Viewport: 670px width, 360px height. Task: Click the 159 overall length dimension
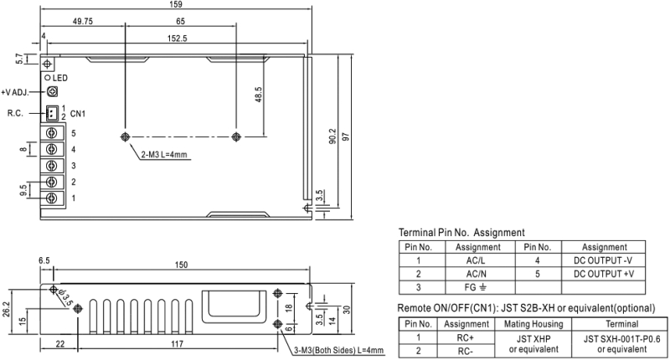(x=176, y=4)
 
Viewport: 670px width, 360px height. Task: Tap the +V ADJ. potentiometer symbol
(x=52, y=91)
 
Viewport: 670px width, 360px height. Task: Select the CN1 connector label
(x=78, y=114)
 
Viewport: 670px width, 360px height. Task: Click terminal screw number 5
(x=52, y=133)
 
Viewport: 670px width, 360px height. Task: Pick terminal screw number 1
(x=52, y=198)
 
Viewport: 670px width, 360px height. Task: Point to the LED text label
(x=60, y=78)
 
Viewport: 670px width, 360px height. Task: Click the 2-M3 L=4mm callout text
(x=164, y=155)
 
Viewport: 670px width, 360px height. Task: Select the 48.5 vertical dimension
(x=258, y=95)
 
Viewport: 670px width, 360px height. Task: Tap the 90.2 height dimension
(x=332, y=136)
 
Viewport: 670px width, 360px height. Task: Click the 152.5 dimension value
(x=178, y=39)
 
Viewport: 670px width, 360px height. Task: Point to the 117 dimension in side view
(x=177, y=344)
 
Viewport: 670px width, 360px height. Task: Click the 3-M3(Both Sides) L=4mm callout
(x=339, y=351)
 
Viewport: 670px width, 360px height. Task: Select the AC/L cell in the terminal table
(x=476, y=260)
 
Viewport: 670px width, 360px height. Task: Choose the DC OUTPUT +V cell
(x=603, y=274)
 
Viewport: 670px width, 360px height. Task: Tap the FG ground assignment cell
(x=476, y=287)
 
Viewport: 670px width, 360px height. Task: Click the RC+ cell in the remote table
(x=466, y=337)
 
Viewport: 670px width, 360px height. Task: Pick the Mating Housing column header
(x=533, y=324)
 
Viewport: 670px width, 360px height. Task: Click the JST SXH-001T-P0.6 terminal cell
(x=621, y=344)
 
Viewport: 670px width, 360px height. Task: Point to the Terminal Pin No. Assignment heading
(x=461, y=233)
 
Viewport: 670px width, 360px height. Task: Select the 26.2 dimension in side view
(x=6, y=310)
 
